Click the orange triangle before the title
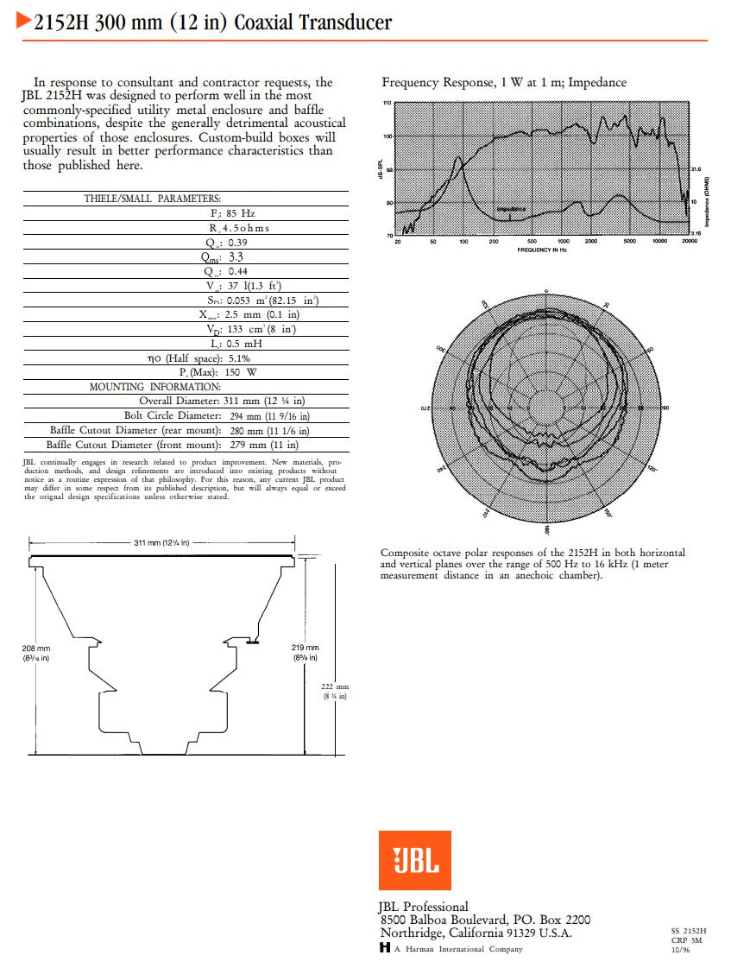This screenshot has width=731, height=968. pyautogui.click(x=24, y=22)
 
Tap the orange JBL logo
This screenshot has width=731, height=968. pyautogui.click(x=414, y=859)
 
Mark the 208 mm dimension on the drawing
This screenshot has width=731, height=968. pyautogui.click(x=36, y=648)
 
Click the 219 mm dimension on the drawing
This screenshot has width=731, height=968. pyautogui.click(x=306, y=648)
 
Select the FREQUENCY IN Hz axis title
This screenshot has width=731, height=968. pyautogui.click(x=541, y=250)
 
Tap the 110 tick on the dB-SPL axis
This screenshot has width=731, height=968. pyautogui.click(x=388, y=103)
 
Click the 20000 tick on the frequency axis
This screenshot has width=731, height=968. pyautogui.click(x=688, y=242)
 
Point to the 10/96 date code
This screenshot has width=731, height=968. pyautogui.click(x=680, y=950)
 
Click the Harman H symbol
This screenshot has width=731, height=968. pyautogui.click(x=384, y=948)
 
